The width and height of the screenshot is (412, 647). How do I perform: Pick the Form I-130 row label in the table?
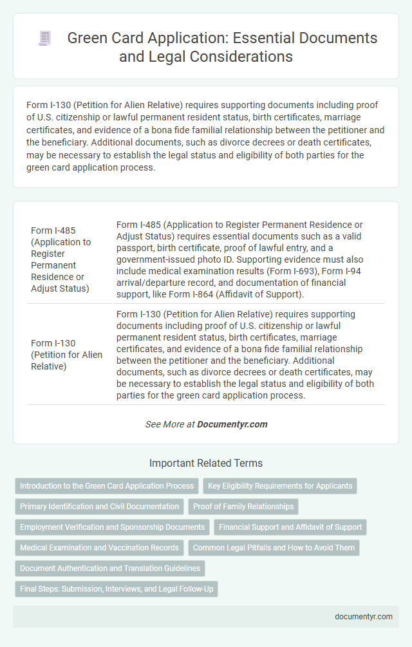(66, 354)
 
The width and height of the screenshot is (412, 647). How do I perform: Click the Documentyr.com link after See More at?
(232, 424)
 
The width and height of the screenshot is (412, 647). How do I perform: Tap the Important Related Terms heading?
(206, 463)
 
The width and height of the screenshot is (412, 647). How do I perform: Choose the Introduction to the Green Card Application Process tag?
(107, 486)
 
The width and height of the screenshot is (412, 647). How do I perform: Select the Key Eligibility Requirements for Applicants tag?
(280, 486)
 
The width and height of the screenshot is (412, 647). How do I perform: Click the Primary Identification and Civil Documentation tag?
(100, 507)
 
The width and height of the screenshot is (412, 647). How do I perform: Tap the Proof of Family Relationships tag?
(243, 507)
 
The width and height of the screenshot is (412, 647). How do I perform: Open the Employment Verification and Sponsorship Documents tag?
(113, 527)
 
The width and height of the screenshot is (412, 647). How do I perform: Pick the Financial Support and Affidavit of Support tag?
(290, 527)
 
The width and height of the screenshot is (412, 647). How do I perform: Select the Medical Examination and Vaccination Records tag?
(99, 548)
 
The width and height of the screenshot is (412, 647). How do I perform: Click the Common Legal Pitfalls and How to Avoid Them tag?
(274, 548)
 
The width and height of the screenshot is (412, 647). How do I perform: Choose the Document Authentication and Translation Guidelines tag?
(109, 568)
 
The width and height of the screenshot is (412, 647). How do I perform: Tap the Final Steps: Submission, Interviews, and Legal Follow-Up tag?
(117, 589)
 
